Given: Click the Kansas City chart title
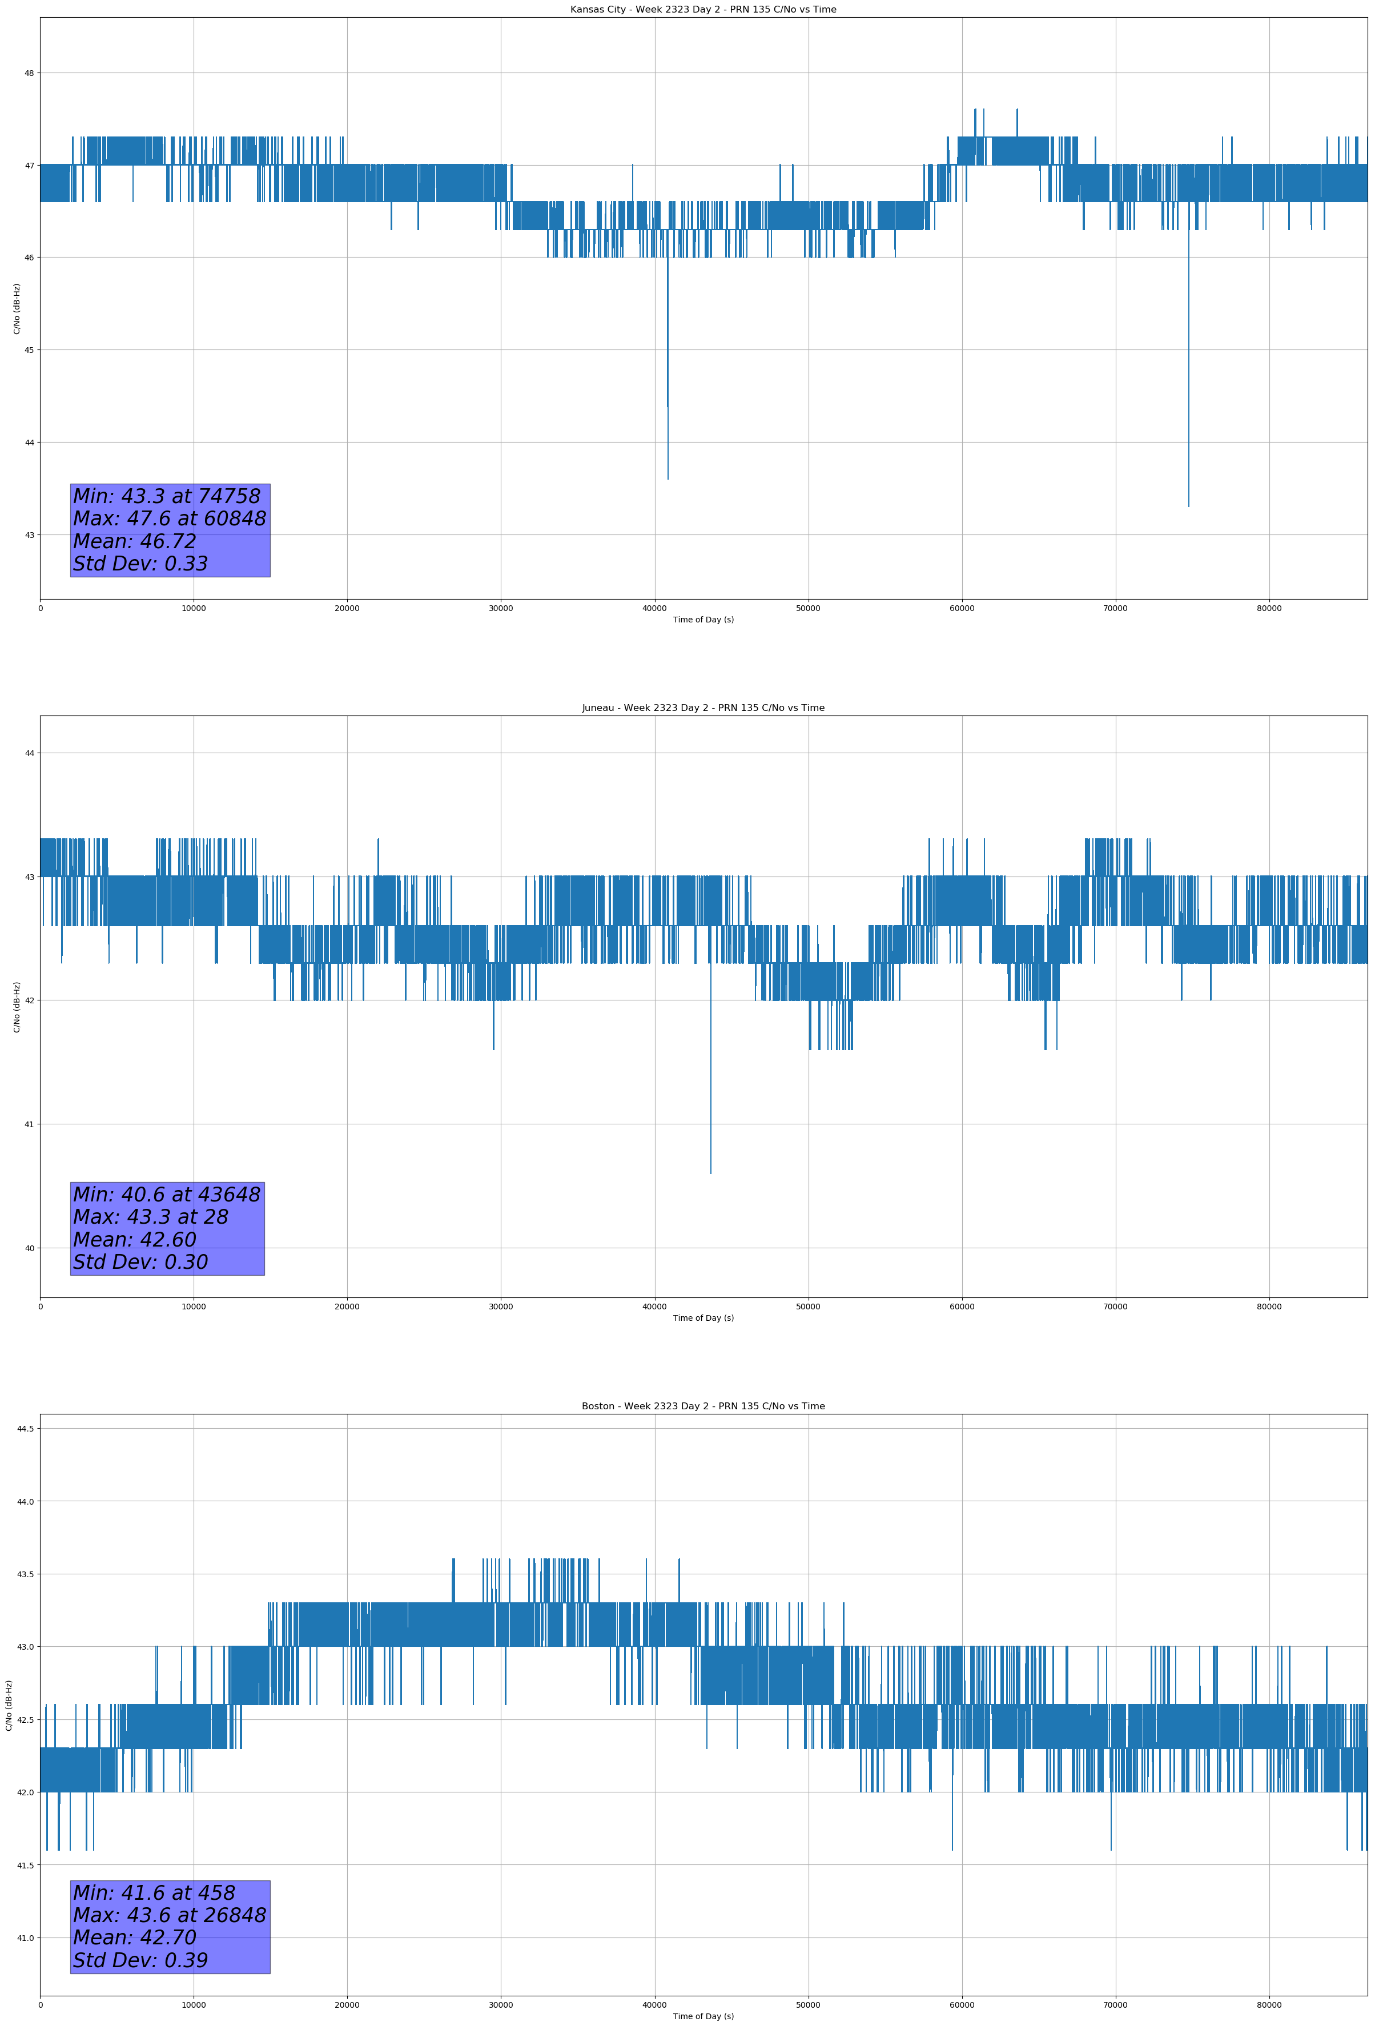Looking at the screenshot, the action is click(x=703, y=10).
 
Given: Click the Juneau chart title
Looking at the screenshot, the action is click(x=703, y=708).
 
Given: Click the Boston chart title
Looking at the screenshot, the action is click(x=703, y=1406).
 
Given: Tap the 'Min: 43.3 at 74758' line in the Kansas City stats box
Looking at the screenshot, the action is click(x=167, y=496).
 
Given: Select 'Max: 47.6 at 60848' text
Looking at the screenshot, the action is click(x=169, y=518).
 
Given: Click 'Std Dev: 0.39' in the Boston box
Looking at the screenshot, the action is click(x=140, y=1960).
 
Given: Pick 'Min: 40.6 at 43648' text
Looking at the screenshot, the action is click(x=167, y=1195).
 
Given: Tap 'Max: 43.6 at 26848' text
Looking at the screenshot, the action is click(x=169, y=1915).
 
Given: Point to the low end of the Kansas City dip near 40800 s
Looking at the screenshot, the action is click(x=668, y=479).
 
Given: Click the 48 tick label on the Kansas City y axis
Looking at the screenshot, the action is click(x=29, y=73).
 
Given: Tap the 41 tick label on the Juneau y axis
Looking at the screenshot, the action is click(x=29, y=1124).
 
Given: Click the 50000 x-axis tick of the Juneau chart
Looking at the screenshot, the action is click(x=808, y=1306).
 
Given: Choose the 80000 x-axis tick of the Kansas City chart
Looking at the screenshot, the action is click(x=1269, y=609).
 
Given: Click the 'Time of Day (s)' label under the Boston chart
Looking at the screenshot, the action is click(x=703, y=2016).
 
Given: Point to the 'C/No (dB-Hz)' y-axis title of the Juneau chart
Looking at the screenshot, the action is click(x=17, y=1007).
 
